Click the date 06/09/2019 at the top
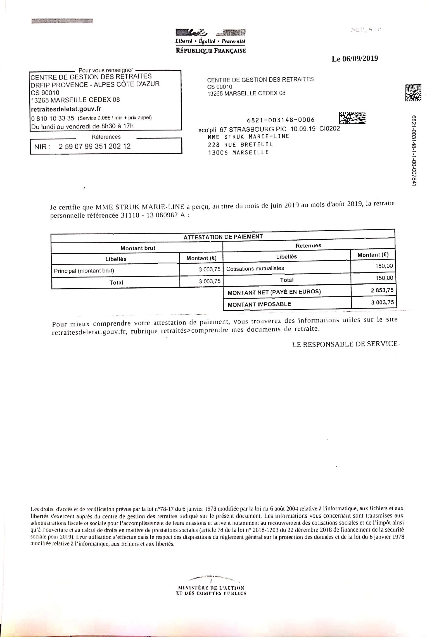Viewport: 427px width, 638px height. tap(360, 59)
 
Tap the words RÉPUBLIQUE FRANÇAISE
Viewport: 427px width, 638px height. tap(211, 51)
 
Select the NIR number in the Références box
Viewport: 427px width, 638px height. tap(94, 146)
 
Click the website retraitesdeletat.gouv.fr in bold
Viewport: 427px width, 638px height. tap(66, 109)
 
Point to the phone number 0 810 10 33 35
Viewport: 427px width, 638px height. tap(53, 118)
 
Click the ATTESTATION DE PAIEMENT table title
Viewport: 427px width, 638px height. tap(223, 237)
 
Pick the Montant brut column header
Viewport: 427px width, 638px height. tap(138, 248)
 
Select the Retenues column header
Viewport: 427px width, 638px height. tap(308, 246)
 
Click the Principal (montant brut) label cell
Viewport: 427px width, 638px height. tap(84, 270)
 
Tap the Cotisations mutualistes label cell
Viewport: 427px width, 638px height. tap(255, 268)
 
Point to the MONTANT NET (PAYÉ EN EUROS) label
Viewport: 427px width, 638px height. tap(274, 292)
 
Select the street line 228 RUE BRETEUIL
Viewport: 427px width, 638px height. tap(240, 144)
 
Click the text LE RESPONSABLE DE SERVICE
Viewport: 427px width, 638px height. tap(345, 344)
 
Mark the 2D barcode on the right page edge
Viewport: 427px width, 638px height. tap(413, 93)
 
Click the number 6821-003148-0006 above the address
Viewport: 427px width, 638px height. tap(281, 120)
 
